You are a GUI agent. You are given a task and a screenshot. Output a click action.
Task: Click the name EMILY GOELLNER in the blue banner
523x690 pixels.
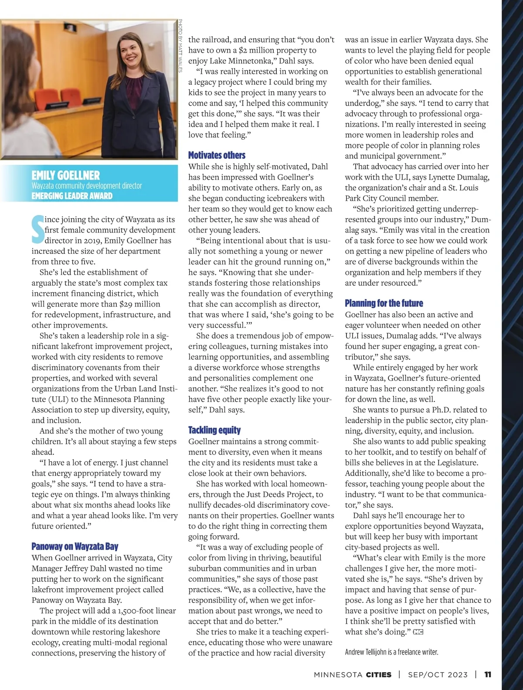click(65, 175)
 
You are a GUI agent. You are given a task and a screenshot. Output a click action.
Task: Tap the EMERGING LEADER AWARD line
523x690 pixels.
click(72, 196)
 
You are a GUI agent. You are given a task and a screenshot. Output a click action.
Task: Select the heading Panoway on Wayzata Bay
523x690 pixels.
click(75, 547)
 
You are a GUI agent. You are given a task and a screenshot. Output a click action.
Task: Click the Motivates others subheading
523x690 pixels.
click(217, 155)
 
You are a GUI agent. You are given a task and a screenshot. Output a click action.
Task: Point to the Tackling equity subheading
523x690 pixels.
click(214, 430)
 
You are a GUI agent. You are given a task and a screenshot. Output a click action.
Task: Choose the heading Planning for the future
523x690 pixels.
click(384, 303)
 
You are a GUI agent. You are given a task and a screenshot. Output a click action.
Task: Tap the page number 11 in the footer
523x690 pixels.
click(488, 674)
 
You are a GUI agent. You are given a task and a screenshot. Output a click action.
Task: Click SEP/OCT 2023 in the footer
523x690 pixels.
click(438, 674)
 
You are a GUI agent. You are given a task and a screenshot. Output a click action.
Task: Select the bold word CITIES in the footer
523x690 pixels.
click(379, 674)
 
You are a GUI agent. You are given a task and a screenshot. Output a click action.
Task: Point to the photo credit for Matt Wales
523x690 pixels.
click(180, 46)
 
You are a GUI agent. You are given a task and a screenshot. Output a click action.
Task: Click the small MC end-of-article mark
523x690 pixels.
click(418, 632)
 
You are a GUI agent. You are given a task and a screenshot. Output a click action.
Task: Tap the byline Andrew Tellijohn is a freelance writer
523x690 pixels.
click(391, 652)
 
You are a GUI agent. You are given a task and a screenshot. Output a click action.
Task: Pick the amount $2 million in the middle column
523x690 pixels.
click(255, 50)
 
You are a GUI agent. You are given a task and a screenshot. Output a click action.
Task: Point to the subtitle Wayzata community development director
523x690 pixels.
click(87, 186)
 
